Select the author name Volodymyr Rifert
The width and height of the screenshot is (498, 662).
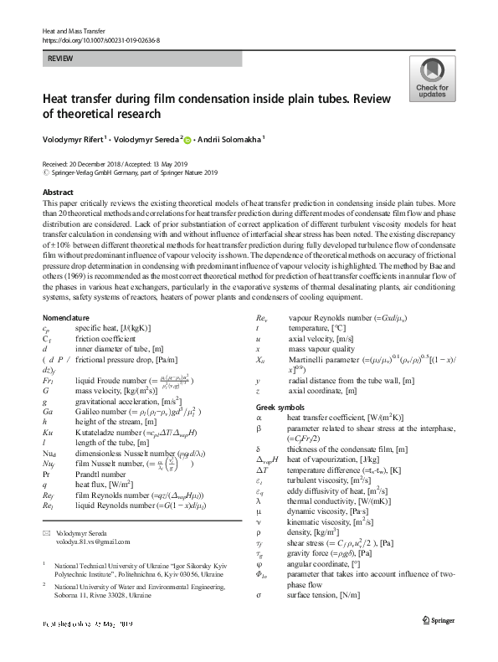click(78, 141)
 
